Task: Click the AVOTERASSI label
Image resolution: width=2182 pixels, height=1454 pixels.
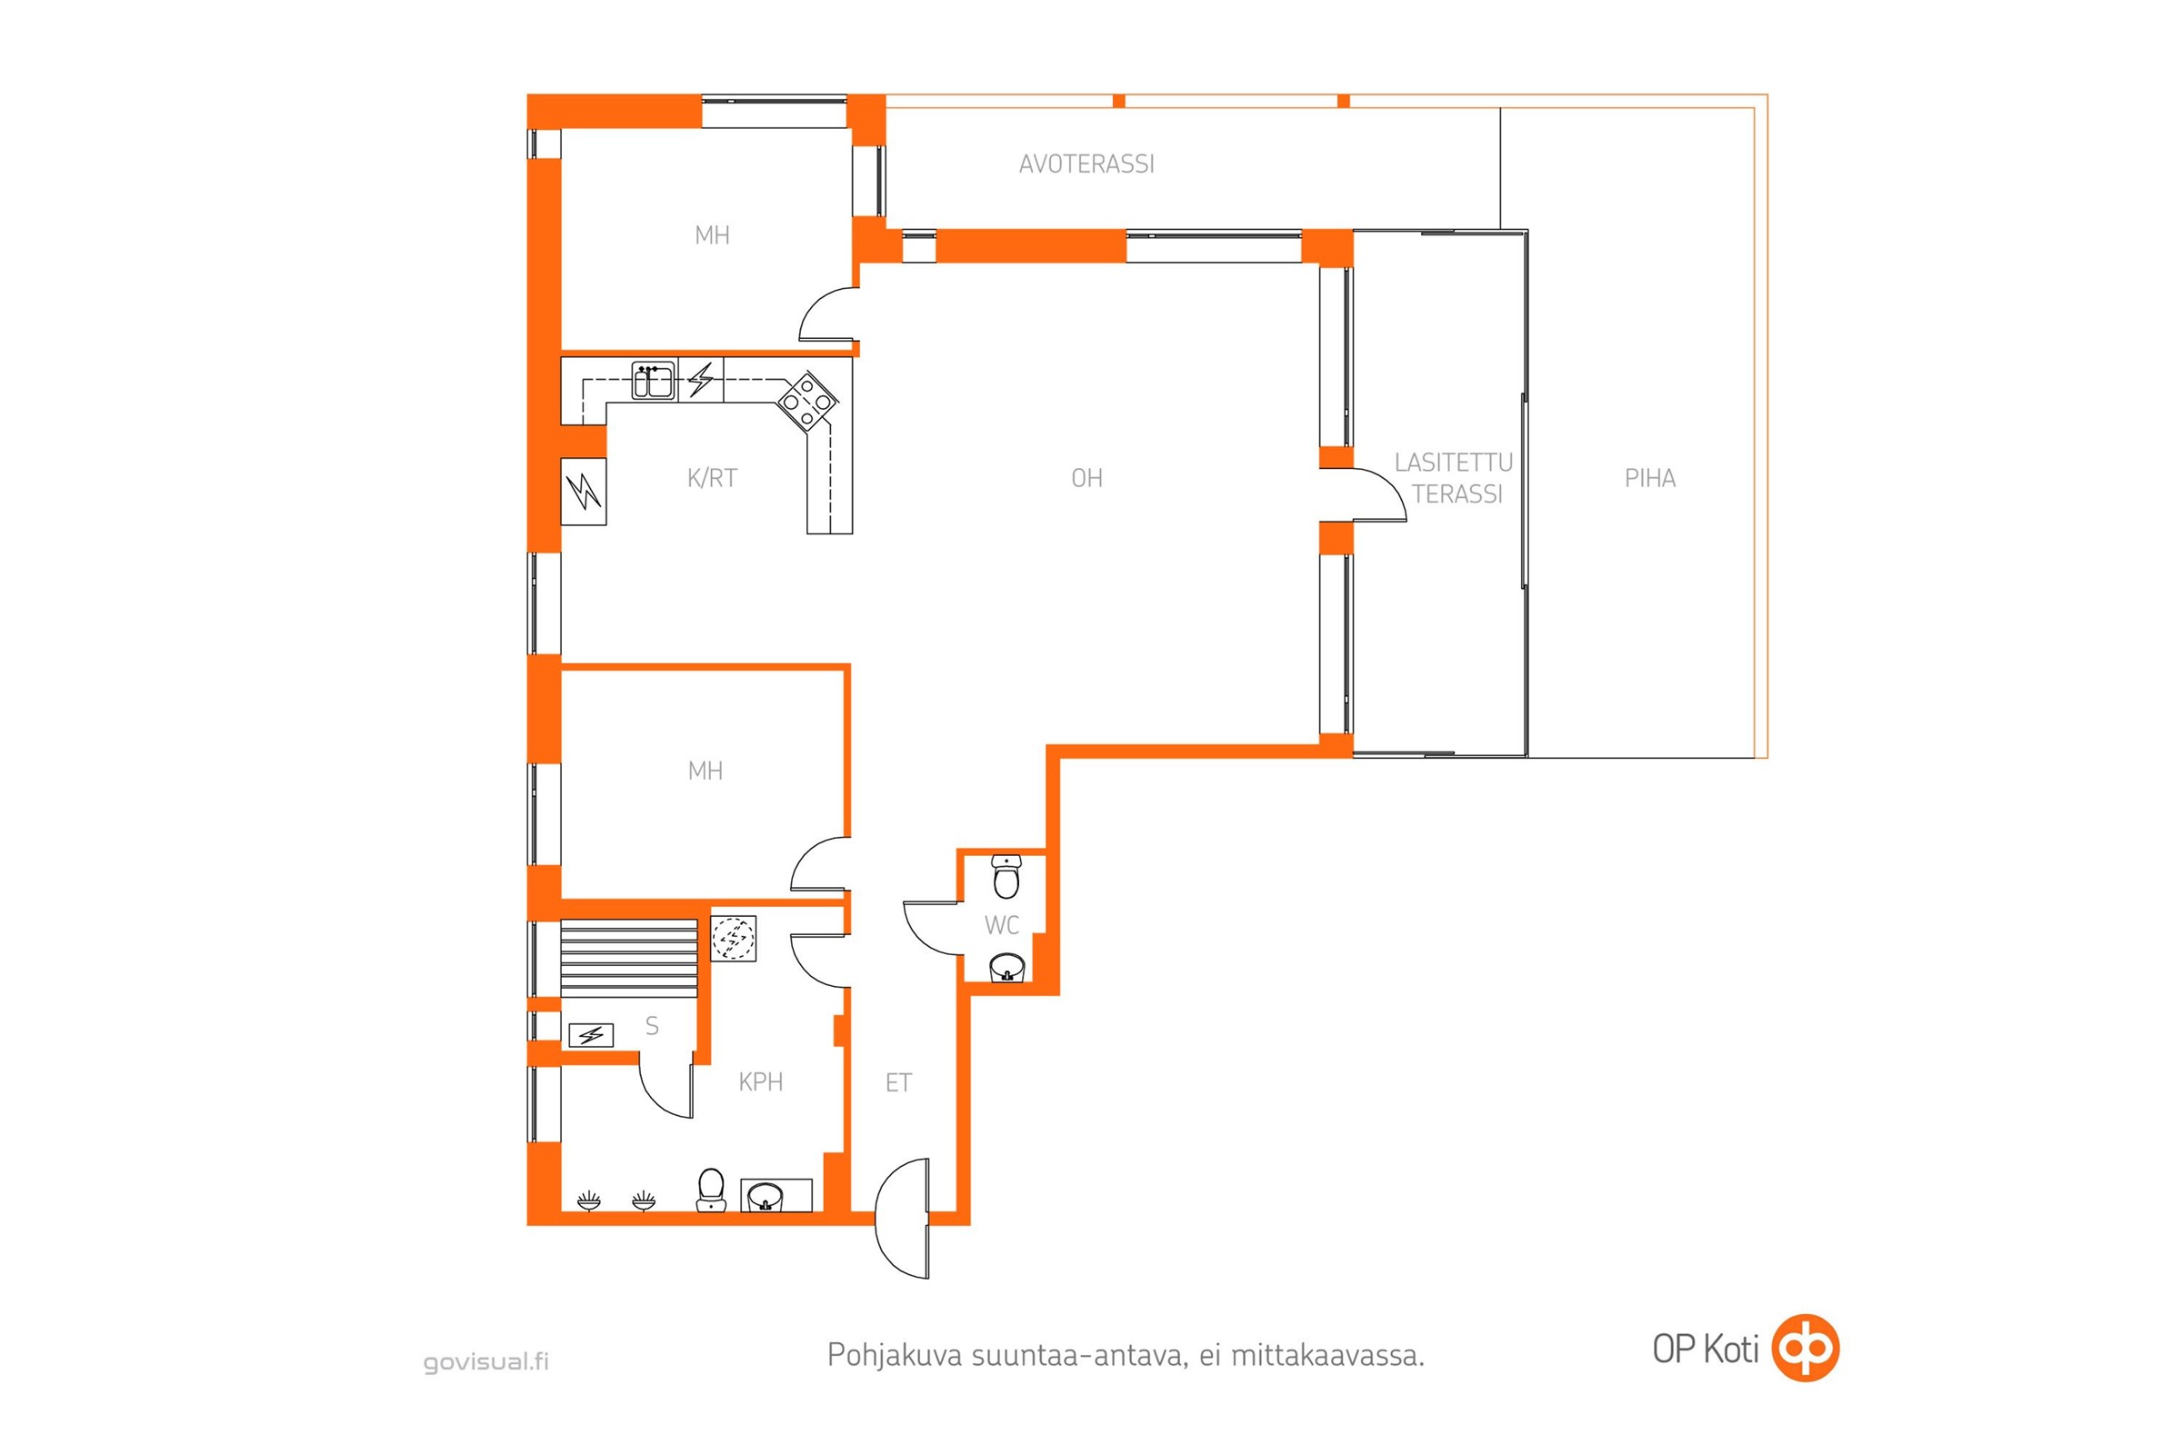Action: (x=1086, y=164)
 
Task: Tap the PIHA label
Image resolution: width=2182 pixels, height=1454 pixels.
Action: (x=1649, y=479)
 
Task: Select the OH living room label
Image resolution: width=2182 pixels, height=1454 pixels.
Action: (x=1086, y=479)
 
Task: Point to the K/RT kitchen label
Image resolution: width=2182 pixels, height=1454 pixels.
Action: (x=712, y=479)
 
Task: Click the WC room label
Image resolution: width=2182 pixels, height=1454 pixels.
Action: (x=1001, y=924)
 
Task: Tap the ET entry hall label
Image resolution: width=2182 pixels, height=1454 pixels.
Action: (x=898, y=1083)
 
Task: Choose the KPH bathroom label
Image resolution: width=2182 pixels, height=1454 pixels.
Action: (x=761, y=1082)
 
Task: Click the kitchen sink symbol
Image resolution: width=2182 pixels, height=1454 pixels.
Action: (x=653, y=380)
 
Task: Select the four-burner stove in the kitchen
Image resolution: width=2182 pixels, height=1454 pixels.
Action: (x=806, y=402)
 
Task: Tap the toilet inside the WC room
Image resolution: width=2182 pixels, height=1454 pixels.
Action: (x=1006, y=876)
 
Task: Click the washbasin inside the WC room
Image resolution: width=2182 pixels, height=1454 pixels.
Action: (x=1006, y=968)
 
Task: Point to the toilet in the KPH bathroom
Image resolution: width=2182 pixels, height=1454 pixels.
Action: (x=710, y=1190)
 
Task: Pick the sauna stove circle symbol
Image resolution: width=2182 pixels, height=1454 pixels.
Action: (x=733, y=939)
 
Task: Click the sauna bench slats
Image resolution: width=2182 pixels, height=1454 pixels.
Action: (x=629, y=959)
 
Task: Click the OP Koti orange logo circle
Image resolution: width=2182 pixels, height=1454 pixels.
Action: (x=1805, y=1349)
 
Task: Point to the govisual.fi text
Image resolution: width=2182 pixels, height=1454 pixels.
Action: (x=486, y=1361)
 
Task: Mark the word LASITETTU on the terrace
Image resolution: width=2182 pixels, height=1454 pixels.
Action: (x=1453, y=463)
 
